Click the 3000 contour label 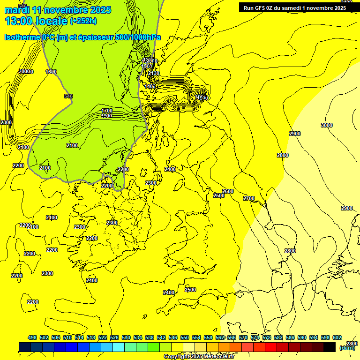point(327,125)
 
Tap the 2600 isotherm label point(228,191)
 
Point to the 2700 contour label point(249,198)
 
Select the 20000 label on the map point(26,72)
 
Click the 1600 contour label point(51,72)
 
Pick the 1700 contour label point(107,111)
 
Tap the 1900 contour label point(106,116)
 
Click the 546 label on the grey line point(68,96)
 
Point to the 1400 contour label point(150,87)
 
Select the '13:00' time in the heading point(20,21)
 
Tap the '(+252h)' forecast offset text point(83,21)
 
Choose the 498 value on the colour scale point(32,337)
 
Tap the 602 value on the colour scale point(337,337)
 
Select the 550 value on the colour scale point(185,337)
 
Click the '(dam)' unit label point(347,348)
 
